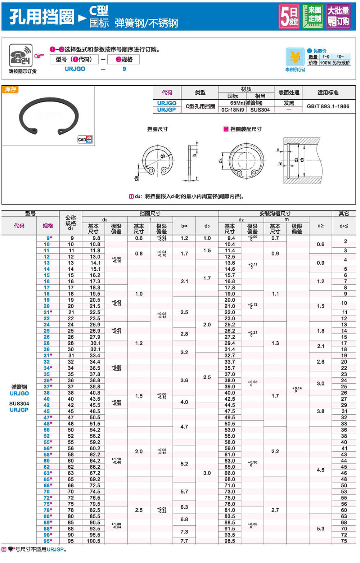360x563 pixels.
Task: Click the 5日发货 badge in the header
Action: [289, 16]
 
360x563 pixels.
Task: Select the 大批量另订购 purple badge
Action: [338, 16]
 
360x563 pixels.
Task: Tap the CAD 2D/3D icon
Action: [85, 139]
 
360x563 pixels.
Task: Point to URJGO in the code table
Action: [167, 103]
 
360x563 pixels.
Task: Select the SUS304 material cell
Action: [260, 110]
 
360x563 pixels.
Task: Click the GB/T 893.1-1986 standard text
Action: [328, 106]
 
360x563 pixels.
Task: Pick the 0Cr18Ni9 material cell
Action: [233, 110]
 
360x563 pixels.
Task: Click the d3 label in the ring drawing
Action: [163, 156]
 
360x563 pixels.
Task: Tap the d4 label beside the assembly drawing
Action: [220, 161]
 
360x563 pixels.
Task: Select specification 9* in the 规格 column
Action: [49, 238]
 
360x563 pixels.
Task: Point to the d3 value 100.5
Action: [94, 541]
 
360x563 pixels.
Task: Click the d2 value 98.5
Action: [230, 541]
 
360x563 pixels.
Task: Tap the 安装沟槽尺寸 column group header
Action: [275, 213]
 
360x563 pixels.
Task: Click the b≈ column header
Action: [184, 226]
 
